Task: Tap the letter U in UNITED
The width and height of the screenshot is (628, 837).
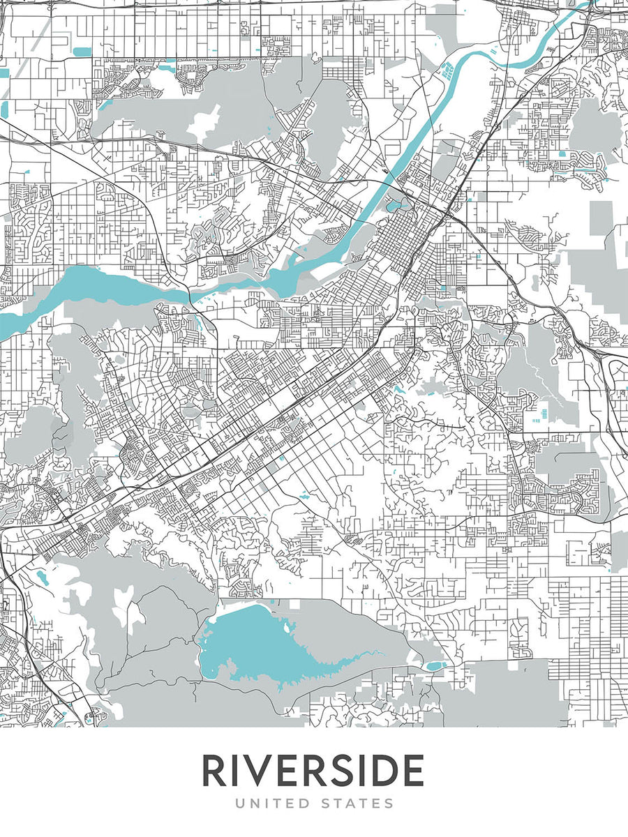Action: [x=239, y=804]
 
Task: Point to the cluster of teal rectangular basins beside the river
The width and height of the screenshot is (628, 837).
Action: [x=447, y=70]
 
